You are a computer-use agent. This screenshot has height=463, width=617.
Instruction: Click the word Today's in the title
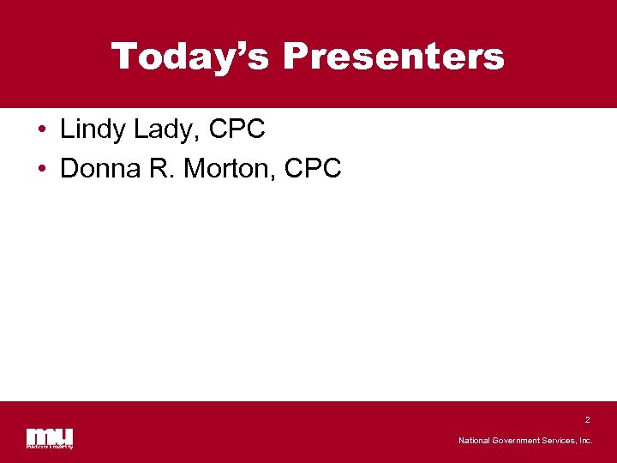(191, 57)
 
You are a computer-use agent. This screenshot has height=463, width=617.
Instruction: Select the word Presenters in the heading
(393, 57)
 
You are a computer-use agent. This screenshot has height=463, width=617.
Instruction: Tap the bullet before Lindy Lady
(42, 131)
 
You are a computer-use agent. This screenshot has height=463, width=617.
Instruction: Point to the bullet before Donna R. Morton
(42, 170)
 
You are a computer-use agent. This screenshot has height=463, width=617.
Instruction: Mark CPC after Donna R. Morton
(313, 169)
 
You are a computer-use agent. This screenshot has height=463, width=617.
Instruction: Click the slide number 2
(587, 420)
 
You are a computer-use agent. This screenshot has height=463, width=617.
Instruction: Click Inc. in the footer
(586, 441)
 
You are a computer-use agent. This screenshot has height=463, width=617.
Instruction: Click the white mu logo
(49, 436)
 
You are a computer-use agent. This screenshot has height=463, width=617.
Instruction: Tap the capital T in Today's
(125, 57)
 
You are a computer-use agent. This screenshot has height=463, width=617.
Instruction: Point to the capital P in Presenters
(296, 57)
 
